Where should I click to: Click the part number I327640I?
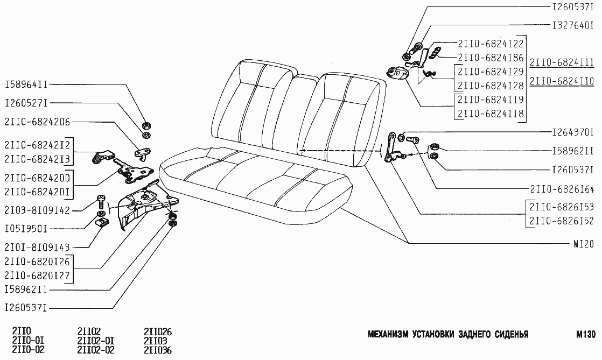573,25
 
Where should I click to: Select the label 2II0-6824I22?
490,44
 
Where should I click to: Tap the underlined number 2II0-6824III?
562,63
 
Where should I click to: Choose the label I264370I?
573,132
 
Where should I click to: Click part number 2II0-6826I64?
562,189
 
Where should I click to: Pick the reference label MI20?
583,243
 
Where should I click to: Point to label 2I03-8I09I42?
36,210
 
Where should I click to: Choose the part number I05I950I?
27,229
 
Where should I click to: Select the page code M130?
584,334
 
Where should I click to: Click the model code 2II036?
158,350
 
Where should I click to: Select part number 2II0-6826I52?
562,220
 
